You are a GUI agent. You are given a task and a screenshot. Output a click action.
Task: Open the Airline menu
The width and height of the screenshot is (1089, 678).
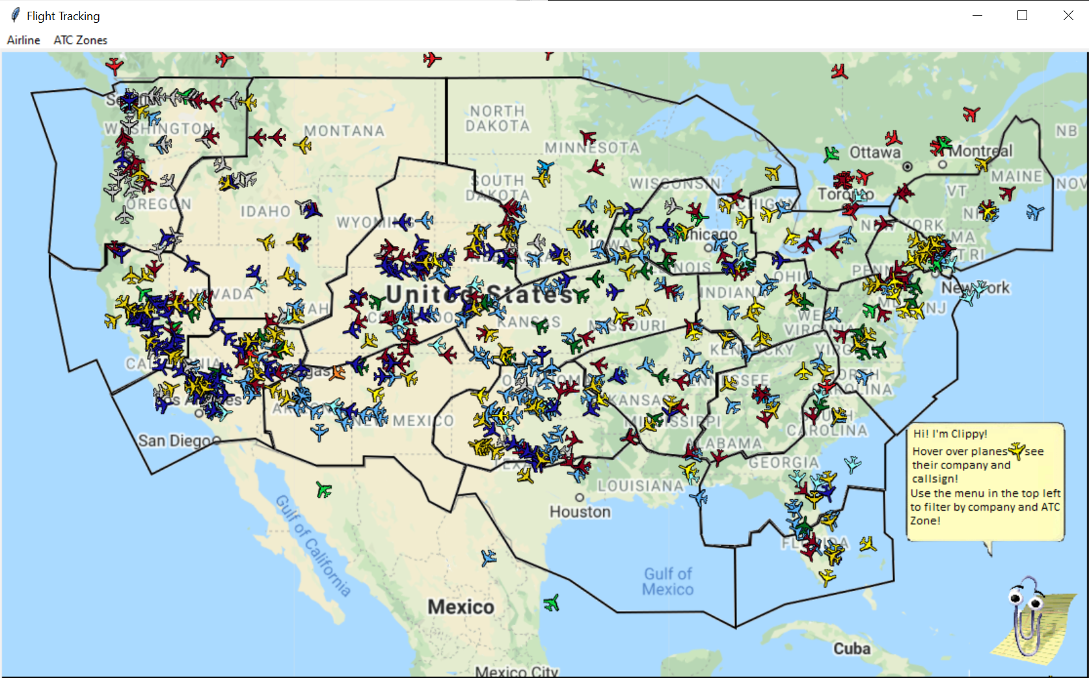click(x=23, y=40)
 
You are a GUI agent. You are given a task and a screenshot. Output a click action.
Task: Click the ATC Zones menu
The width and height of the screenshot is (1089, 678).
click(x=80, y=40)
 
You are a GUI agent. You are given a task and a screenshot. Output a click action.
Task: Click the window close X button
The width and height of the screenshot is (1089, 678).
click(x=1068, y=16)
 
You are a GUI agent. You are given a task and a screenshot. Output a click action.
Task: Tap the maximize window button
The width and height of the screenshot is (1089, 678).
click(x=1022, y=16)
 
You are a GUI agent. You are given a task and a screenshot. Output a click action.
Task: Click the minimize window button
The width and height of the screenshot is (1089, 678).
click(x=976, y=16)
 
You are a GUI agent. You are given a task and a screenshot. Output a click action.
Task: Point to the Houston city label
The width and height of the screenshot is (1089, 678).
click(x=580, y=512)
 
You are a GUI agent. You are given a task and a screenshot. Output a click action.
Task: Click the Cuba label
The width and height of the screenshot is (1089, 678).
click(x=852, y=649)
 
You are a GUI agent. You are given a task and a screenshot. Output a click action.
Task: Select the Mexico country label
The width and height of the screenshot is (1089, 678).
click(x=461, y=607)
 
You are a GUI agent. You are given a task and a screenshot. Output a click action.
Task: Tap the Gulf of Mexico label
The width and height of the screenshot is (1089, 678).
click(x=668, y=582)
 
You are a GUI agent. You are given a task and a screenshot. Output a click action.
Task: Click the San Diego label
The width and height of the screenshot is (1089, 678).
click(x=174, y=441)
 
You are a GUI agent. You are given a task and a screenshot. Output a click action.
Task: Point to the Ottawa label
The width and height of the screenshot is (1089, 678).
click(x=875, y=153)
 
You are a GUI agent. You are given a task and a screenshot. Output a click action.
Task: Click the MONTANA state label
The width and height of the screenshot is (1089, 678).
click(x=344, y=131)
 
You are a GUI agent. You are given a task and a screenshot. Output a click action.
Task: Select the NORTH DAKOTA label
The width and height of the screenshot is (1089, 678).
click(x=498, y=118)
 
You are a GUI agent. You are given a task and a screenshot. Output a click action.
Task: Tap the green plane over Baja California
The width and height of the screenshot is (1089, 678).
click(x=324, y=489)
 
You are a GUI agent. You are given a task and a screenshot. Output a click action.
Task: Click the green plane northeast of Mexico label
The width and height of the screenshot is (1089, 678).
click(x=552, y=603)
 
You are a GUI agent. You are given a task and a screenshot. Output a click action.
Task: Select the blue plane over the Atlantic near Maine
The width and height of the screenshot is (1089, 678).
click(x=1034, y=212)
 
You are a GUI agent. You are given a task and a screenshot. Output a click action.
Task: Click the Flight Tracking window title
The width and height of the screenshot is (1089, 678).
click(x=63, y=16)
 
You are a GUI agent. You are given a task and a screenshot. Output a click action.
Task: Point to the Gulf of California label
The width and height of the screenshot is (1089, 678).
click(x=313, y=545)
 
